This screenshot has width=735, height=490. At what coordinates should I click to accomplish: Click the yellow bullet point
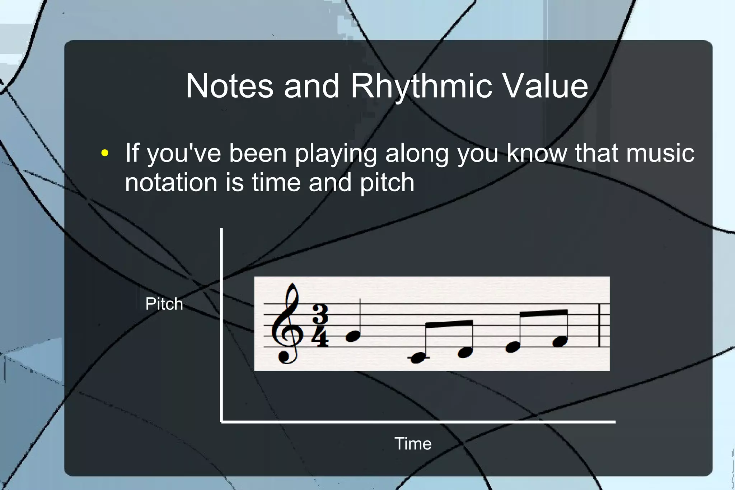(105, 153)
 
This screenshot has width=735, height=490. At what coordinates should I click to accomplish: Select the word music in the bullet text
(660, 153)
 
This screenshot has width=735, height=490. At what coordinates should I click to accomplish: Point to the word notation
(171, 182)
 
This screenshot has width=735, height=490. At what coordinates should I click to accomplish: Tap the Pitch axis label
(164, 304)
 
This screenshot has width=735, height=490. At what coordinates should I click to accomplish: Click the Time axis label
(413, 444)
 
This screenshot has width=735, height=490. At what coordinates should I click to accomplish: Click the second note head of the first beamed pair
(465, 353)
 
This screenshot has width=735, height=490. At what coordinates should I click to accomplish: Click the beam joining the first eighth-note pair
(449, 324)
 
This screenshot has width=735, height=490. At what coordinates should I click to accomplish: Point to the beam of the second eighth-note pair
(544, 313)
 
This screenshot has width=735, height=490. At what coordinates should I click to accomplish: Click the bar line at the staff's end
(600, 325)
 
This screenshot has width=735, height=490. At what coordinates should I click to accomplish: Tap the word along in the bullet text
(417, 153)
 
